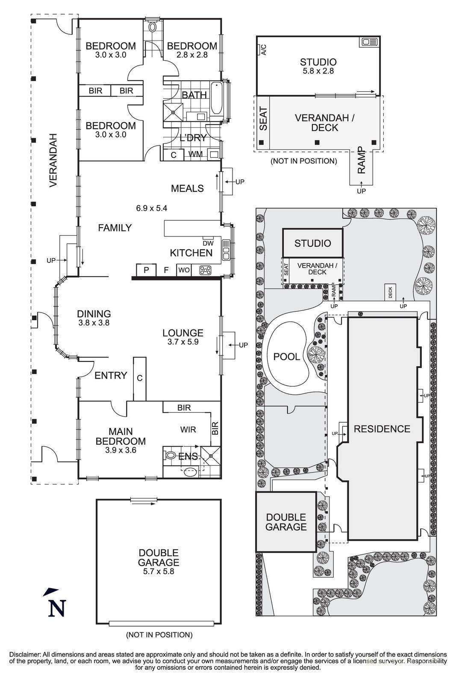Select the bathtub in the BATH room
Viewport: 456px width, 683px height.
coord(216,98)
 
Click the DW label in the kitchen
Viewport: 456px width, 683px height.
coord(208,243)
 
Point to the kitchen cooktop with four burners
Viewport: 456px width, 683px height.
coord(206,270)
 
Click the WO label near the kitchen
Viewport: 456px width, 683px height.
coord(184,270)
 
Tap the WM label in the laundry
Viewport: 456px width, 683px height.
coord(196,154)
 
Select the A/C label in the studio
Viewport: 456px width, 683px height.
coord(264,50)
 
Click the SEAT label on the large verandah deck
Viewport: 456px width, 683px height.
coord(263,119)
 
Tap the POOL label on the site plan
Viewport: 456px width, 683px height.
coord(286,356)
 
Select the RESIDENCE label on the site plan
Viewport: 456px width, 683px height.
coord(382,429)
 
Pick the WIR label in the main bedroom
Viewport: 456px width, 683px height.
coord(188,429)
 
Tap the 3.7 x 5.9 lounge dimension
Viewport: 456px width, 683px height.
coord(183,341)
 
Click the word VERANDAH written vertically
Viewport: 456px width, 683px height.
coord(53,160)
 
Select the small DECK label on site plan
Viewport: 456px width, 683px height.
coord(390,292)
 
